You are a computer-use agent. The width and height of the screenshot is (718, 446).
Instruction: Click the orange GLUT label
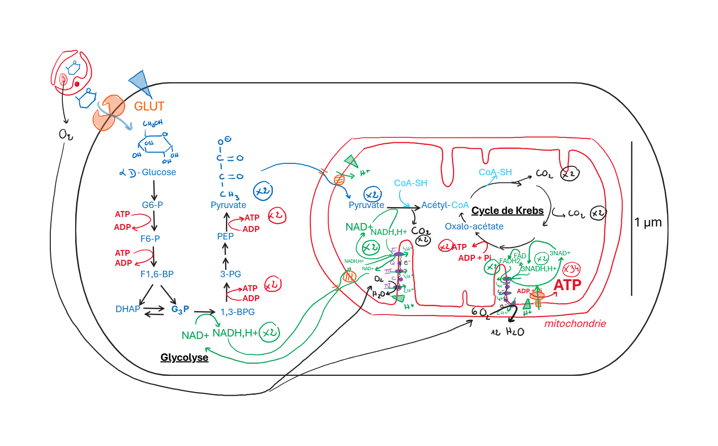149,107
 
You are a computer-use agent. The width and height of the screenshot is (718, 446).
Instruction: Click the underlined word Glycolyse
184,357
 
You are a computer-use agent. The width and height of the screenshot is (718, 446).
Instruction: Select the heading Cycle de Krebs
507,211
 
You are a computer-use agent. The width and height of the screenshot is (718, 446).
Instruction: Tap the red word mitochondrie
575,324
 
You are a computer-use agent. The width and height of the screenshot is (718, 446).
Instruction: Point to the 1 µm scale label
648,223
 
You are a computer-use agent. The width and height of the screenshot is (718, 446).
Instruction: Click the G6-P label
152,205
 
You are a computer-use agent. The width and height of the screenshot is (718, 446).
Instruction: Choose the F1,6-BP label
157,274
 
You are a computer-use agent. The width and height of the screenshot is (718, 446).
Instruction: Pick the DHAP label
128,309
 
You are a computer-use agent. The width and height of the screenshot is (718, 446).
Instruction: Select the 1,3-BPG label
238,312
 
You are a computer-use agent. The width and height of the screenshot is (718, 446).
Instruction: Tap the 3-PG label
231,274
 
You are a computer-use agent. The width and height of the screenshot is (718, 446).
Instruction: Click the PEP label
225,236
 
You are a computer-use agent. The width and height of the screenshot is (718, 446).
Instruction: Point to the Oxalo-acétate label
474,226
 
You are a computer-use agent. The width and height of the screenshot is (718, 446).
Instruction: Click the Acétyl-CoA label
445,205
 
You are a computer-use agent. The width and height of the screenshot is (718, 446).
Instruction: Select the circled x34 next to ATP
571,270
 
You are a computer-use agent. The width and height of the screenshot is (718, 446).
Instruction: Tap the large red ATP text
568,285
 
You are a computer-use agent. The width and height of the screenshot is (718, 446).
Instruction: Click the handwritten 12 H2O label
508,332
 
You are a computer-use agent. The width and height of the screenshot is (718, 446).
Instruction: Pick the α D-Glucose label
148,172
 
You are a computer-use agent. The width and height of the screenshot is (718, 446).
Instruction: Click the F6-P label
150,239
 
